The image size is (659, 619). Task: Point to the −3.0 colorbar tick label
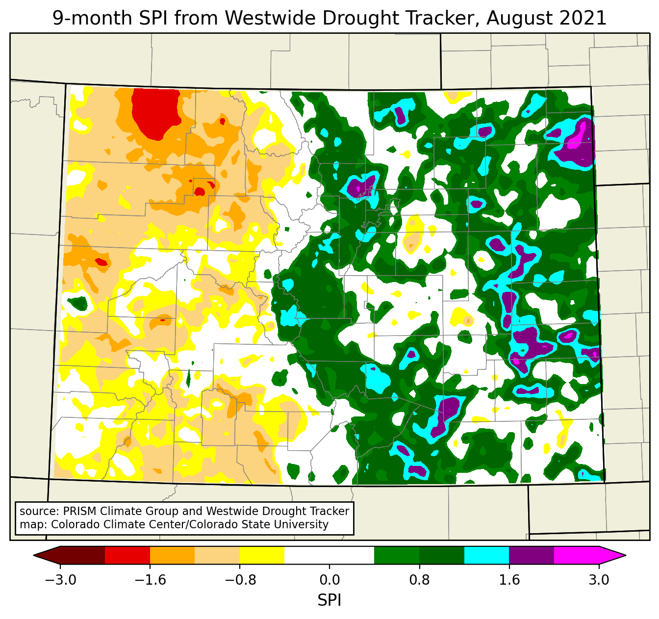point(60,580)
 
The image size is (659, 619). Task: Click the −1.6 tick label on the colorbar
point(150,580)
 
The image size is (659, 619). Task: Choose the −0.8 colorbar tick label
point(240,580)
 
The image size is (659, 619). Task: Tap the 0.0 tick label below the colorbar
point(329,580)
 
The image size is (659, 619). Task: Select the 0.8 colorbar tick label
point(419,580)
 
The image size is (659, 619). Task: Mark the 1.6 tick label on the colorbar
point(509,580)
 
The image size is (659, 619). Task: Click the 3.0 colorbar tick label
point(599,580)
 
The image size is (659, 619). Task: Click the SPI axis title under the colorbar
point(329,600)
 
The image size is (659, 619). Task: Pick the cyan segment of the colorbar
point(486,555)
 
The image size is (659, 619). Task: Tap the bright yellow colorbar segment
point(262,555)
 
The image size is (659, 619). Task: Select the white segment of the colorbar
point(329,555)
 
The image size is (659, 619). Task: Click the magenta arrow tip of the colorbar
point(613,555)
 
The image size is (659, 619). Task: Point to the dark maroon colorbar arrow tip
point(47,555)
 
